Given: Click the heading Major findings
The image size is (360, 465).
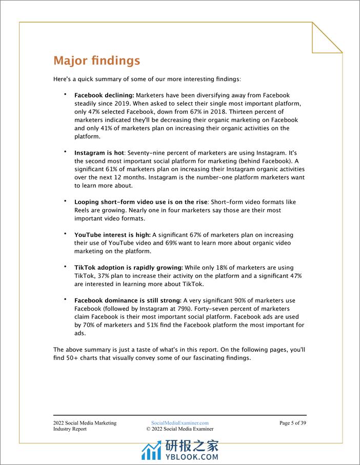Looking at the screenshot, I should (x=96, y=60).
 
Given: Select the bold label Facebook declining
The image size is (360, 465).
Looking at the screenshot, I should (x=104, y=95).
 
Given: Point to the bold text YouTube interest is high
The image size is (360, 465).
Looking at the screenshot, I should (x=112, y=235).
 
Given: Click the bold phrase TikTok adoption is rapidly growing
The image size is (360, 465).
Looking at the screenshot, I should (x=129, y=268).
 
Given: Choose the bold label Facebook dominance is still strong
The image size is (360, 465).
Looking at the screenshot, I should (x=128, y=300).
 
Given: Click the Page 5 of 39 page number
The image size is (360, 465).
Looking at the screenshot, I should (x=293, y=423).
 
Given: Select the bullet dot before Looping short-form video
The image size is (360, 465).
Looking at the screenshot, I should (x=66, y=201).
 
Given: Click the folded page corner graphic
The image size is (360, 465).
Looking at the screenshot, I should (x=327, y=37).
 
